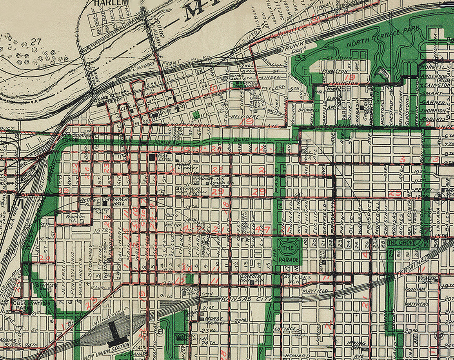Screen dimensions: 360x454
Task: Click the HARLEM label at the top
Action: point(112,3)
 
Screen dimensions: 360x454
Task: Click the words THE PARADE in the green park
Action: point(289,254)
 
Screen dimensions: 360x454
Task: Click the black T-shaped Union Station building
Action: point(115,329)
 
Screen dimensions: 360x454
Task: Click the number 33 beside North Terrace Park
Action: point(301,58)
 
